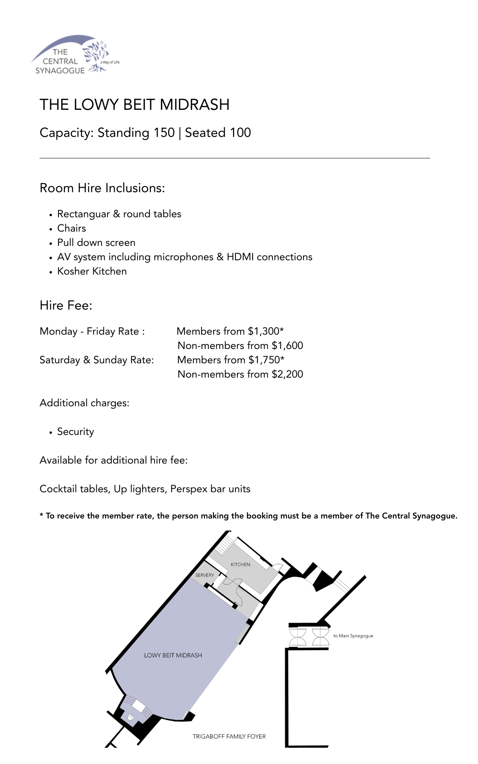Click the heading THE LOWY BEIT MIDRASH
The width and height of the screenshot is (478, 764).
pyautogui.click(x=135, y=105)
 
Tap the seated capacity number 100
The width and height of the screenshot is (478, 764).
pyautogui.click(x=240, y=133)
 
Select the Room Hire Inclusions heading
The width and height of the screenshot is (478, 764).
pyautogui.click(x=102, y=188)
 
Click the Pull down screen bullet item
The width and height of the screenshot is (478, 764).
pyautogui.click(x=96, y=243)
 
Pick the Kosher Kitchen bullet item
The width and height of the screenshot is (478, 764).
pyautogui.click(x=92, y=271)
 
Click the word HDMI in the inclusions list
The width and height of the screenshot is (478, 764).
pyautogui.click(x=240, y=257)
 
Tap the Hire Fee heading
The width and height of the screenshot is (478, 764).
pyautogui.click(x=66, y=306)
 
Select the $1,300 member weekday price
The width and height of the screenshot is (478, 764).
pyautogui.click(x=264, y=331)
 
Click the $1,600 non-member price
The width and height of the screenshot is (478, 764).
pyautogui.click(x=287, y=346)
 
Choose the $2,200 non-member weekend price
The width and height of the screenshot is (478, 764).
pyautogui.click(x=287, y=374)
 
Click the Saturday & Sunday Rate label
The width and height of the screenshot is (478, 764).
pyautogui.click(x=96, y=360)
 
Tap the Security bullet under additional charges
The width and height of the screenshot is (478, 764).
pyautogui.click(x=75, y=432)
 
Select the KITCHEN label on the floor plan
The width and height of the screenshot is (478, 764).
pyautogui.click(x=240, y=565)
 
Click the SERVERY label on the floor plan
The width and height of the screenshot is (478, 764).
pyautogui.click(x=204, y=575)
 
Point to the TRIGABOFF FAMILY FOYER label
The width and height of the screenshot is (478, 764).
pyautogui.click(x=229, y=737)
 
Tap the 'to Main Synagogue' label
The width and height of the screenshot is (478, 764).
pyautogui.click(x=353, y=636)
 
